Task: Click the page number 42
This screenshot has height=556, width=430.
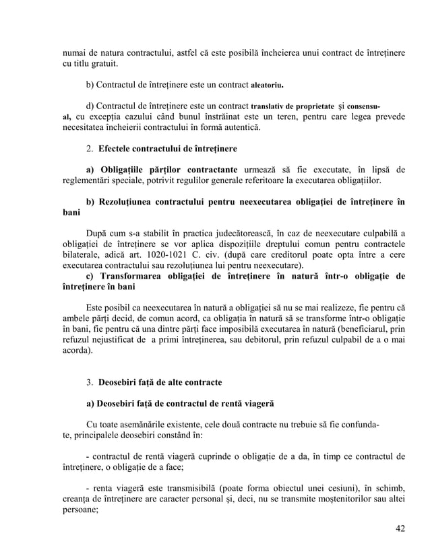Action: coord(400,527)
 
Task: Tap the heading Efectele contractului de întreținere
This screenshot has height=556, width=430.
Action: coord(167,148)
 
